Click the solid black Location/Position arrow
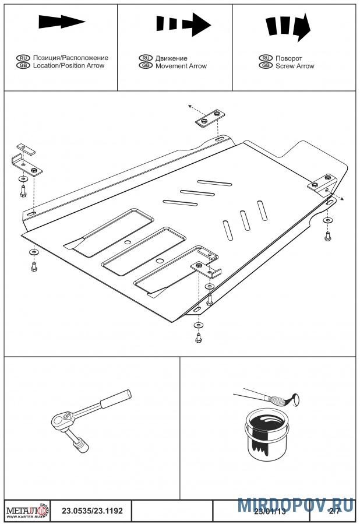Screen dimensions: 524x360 pos(61,22)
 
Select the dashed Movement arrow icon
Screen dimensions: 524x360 pos(183,24)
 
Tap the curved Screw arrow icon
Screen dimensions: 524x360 pos(288,27)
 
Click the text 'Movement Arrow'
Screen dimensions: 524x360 pos(181,66)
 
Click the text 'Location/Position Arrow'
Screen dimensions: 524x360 pos(69,66)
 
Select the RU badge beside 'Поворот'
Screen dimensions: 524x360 pos(266,59)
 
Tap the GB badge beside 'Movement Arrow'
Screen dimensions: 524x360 pos(146,66)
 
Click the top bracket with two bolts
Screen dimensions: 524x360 pos(210,119)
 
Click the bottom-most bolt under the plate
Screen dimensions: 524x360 pos(199,337)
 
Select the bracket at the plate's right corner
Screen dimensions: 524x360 pos(322,182)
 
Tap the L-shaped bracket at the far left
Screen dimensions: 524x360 pos(26,163)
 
